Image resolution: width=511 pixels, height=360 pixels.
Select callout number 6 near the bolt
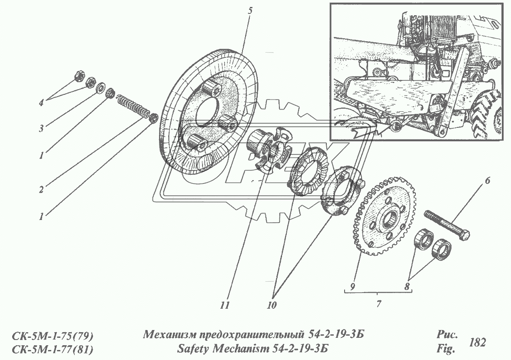coord(487,180)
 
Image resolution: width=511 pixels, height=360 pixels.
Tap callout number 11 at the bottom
coord(224,306)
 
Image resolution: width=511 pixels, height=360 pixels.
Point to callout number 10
coord(272,306)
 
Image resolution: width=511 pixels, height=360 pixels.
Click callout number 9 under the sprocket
coord(352,287)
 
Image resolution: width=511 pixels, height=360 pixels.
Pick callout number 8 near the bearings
coord(406,287)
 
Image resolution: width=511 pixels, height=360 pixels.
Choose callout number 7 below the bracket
coord(378,304)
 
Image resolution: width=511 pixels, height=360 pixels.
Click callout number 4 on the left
coord(42,103)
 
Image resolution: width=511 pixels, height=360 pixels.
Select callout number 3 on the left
coord(42,128)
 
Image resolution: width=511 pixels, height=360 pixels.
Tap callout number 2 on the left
coord(41,190)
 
